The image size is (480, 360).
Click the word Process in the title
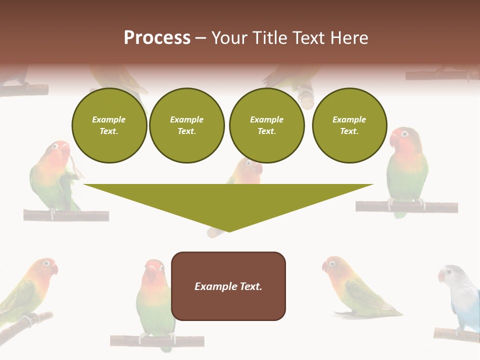click(x=157, y=38)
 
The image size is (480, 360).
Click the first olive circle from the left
click(x=109, y=125)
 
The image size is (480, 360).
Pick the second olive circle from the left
click(x=186, y=125)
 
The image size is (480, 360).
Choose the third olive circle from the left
click(x=266, y=125)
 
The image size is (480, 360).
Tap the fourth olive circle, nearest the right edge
click(x=349, y=125)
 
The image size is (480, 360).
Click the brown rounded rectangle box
click(x=228, y=286)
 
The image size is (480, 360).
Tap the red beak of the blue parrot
click(x=441, y=276)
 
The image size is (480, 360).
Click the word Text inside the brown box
click(x=250, y=286)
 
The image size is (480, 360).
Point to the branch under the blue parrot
click(x=456, y=334)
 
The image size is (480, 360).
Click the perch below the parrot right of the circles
click(x=406, y=206)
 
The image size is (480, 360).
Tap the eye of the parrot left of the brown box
click(x=160, y=268)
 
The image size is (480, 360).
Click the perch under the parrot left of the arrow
click(x=65, y=215)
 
